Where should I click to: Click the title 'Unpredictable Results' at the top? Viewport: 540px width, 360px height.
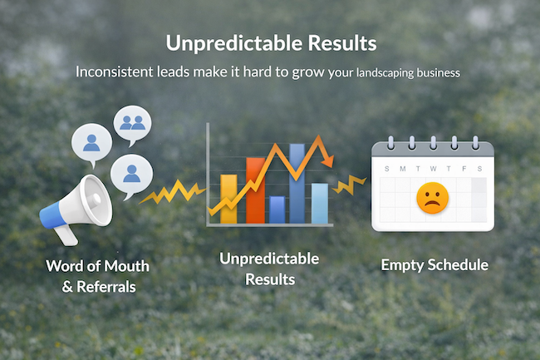point(270,42)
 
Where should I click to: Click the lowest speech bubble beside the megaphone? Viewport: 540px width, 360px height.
point(130,175)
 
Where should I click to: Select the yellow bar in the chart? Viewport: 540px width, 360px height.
point(228,200)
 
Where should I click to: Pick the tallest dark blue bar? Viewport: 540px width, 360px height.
point(297,183)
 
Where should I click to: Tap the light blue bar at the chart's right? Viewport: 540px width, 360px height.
point(320,204)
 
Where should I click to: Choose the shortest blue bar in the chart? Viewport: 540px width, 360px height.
point(277,210)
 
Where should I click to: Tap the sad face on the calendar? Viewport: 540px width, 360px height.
point(432,198)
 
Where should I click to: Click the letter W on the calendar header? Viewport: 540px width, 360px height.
point(432,168)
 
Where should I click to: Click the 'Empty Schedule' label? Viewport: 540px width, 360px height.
point(434,266)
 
